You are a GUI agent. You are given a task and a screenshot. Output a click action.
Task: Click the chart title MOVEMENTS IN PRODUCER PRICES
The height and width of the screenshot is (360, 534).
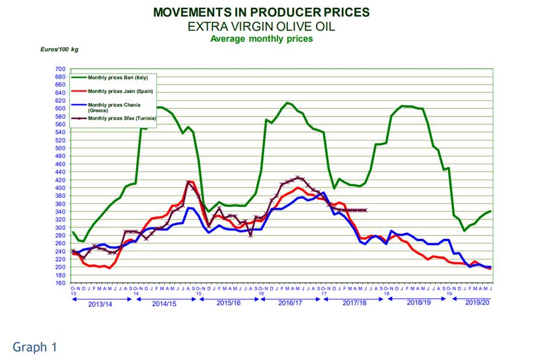coord(260,12)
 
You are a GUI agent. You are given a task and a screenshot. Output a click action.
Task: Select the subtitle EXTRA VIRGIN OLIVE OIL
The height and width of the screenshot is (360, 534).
coord(260,26)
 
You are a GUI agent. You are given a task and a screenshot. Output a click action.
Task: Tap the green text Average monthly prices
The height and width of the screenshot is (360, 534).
coord(260,38)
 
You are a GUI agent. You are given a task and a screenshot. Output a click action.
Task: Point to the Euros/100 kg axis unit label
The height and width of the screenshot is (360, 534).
coord(59,49)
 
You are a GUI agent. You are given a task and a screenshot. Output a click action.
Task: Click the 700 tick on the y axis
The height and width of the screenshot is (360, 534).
coord(60,69)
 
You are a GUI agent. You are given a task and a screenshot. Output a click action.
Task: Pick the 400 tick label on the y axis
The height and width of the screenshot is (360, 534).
coord(60,188)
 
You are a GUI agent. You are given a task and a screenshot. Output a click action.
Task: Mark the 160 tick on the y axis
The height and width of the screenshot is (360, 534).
coord(60,283)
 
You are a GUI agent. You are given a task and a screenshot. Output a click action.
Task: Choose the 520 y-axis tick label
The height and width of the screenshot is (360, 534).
coord(60,141)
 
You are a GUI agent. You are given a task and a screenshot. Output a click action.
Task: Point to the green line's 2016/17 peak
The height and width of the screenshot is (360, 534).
coord(288,103)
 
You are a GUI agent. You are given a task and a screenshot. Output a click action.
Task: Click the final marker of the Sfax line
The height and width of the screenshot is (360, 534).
coord(366,210)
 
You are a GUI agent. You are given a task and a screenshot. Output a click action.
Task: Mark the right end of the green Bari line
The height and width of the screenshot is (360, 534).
coord(490,211)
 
